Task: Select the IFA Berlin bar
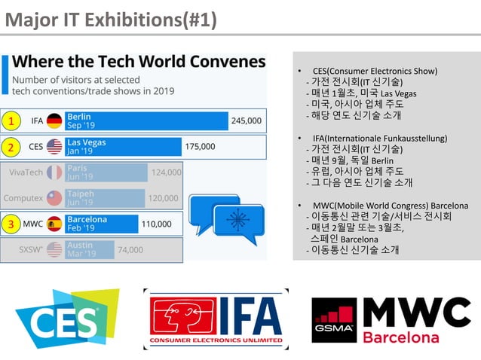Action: [x=146, y=121]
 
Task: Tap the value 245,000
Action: [x=247, y=121]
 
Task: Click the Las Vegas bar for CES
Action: [x=123, y=146]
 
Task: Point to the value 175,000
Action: [x=200, y=146]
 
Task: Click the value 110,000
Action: [x=157, y=224]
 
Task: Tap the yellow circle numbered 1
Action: [x=11, y=121]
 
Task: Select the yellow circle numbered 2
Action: [x=11, y=146]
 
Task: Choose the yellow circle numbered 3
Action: [x=11, y=224]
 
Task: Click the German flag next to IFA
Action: [x=54, y=121]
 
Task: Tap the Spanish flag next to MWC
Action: [x=54, y=224]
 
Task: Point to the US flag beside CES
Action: [x=54, y=146]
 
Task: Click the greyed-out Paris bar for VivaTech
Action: [x=106, y=172]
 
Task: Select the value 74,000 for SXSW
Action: [x=130, y=249]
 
